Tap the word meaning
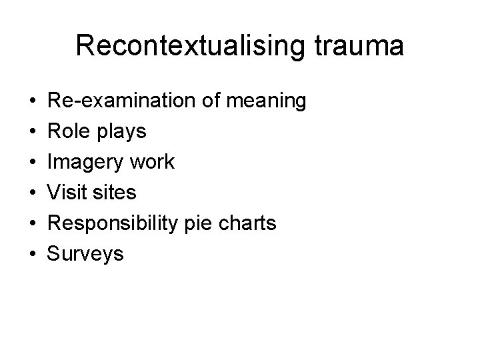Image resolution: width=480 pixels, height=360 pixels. pyautogui.click(x=266, y=101)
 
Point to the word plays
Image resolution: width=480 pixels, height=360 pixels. pyautogui.click(x=122, y=132)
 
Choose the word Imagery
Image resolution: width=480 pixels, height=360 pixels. pyautogui.click(x=90, y=162)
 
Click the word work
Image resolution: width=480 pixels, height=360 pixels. pyautogui.click(x=153, y=162)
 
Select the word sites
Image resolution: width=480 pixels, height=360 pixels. pyautogui.click(x=115, y=193)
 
